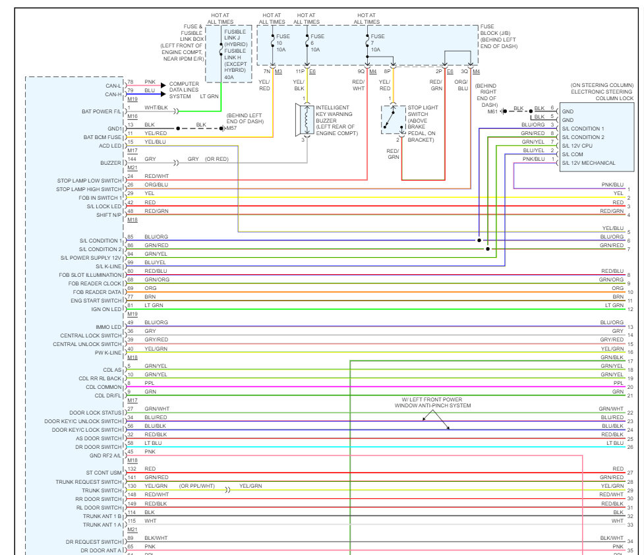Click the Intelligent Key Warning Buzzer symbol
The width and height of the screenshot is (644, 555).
click(305, 119)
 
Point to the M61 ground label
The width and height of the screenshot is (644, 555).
click(493, 111)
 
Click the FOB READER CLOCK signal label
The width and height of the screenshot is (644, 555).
click(96, 283)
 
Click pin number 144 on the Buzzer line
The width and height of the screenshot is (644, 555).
click(132, 160)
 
